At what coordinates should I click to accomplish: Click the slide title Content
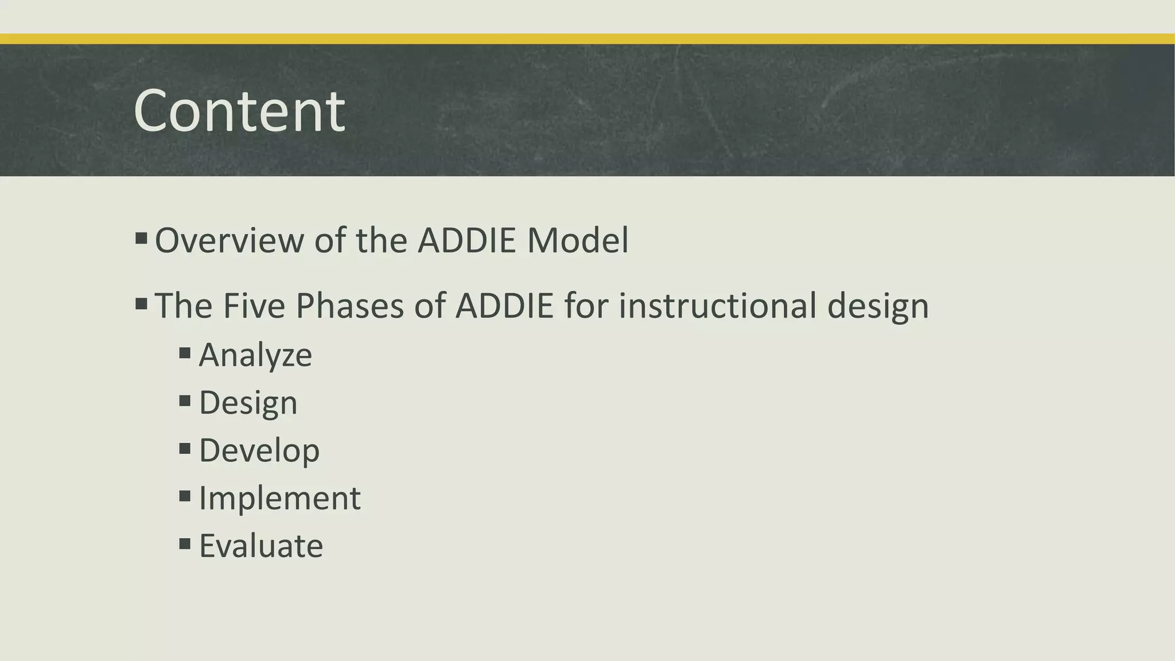pyautogui.click(x=239, y=111)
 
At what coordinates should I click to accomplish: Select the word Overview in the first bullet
pyautogui.click(x=229, y=240)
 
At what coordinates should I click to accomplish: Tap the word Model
pyautogui.click(x=578, y=240)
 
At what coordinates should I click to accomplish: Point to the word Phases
pyautogui.click(x=349, y=306)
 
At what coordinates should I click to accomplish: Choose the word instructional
pyautogui.click(x=717, y=306)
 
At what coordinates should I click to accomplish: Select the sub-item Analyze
pyautogui.click(x=255, y=355)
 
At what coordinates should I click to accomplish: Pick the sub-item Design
pyautogui.click(x=248, y=403)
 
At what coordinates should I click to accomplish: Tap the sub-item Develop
pyautogui.click(x=259, y=451)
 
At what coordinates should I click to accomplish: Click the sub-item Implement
pyautogui.click(x=279, y=498)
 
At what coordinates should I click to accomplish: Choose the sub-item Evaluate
pyautogui.click(x=260, y=546)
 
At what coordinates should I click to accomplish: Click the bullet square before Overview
pyautogui.click(x=141, y=238)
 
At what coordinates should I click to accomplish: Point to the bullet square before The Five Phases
pyautogui.click(x=141, y=303)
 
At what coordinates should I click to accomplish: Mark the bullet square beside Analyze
pyautogui.click(x=185, y=352)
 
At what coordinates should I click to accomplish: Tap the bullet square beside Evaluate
pyautogui.click(x=185, y=543)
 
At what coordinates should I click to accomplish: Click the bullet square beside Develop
pyautogui.click(x=185, y=448)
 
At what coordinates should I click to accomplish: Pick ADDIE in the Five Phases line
pyautogui.click(x=504, y=306)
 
